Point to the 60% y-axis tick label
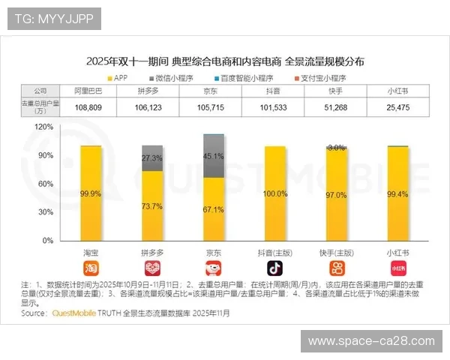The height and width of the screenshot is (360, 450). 46,184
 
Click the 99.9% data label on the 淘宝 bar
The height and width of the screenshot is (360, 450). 91,193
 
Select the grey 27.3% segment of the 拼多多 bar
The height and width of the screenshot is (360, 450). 152,158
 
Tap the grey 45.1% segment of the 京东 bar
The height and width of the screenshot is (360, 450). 214,156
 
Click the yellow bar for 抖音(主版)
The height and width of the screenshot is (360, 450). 275,193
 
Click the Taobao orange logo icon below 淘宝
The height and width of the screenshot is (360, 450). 91,268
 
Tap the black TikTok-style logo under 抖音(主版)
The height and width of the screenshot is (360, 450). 275,268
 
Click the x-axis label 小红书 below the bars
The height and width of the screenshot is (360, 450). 397,253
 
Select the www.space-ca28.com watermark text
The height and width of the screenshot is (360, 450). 371,341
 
